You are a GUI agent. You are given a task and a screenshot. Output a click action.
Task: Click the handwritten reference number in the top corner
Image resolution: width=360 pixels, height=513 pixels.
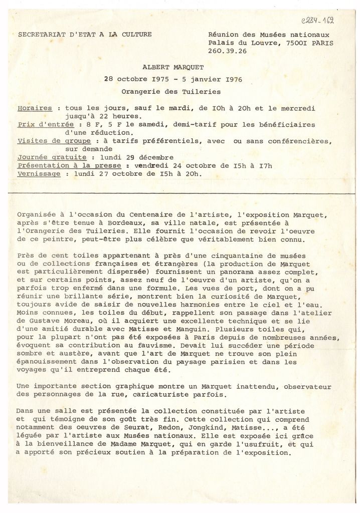pyautogui.click(x=317, y=21)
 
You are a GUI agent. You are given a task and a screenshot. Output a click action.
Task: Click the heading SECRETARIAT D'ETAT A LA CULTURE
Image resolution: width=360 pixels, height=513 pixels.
pyautogui.click(x=85, y=35)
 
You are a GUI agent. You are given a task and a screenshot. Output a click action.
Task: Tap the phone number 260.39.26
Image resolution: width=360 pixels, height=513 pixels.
pyautogui.click(x=227, y=51)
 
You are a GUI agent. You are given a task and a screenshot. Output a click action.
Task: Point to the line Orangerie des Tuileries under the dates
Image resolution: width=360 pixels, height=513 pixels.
pyautogui.click(x=170, y=91)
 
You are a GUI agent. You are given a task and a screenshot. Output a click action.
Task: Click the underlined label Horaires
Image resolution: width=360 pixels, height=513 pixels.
pyautogui.click(x=35, y=108)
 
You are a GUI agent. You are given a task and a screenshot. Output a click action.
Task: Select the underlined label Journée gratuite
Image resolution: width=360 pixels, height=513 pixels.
pyautogui.click(x=45, y=157)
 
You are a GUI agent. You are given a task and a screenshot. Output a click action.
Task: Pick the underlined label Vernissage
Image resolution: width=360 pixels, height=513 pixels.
pyautogui.click(x=39, y=174)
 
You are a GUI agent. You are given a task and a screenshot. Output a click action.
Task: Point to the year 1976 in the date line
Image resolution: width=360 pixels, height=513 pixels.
pyautogui.click(x=227, y=79)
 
